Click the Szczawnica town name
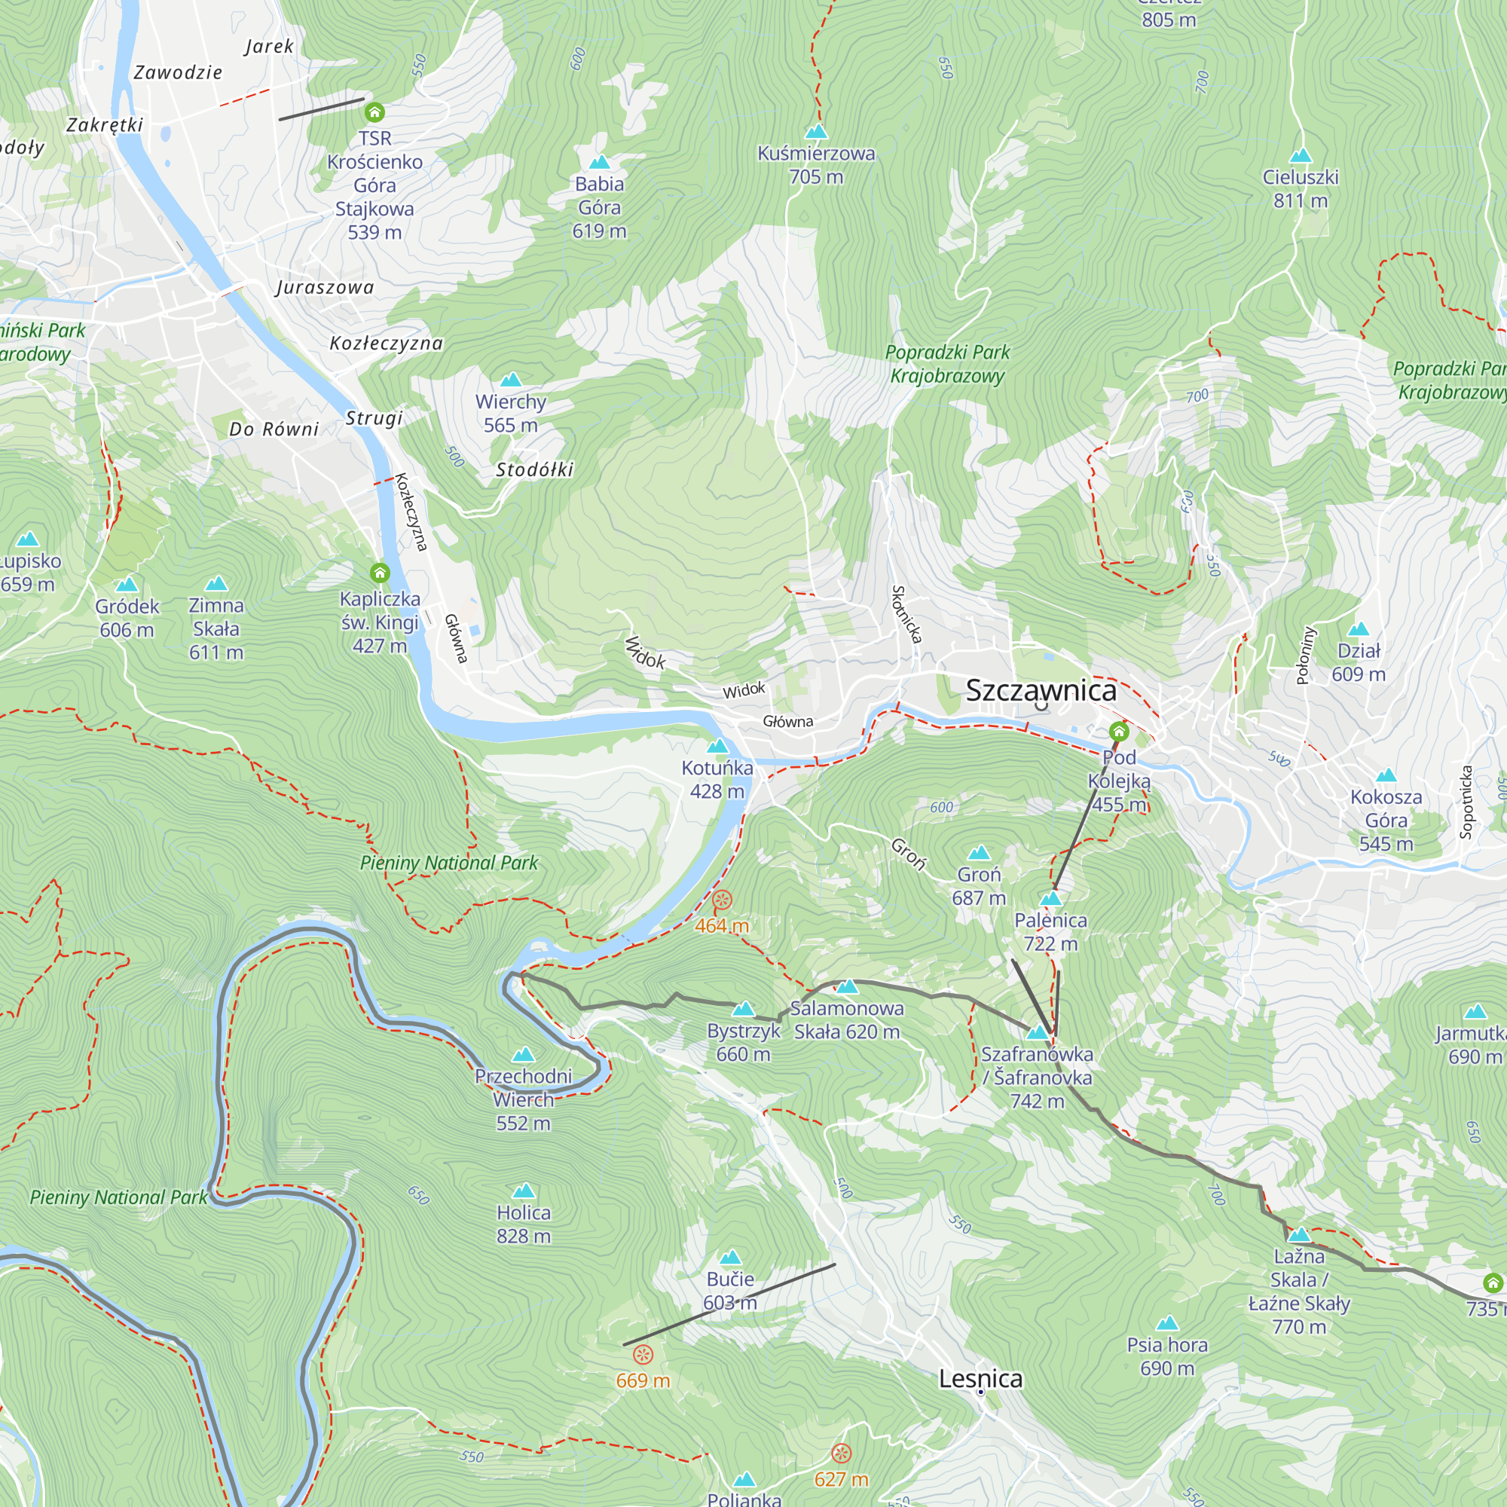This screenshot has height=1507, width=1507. (1041, 690)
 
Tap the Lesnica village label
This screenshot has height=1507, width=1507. (980, 1378)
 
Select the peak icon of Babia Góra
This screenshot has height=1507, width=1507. (599, 162)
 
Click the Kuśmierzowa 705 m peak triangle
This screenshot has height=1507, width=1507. (816, 131)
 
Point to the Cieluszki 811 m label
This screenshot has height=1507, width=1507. (1301, 189)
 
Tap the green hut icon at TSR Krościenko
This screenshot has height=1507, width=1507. (374, 113)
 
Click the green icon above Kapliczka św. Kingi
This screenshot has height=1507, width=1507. (380, 573)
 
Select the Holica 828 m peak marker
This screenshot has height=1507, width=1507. (524, 1191)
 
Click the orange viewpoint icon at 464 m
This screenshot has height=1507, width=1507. (723, 900)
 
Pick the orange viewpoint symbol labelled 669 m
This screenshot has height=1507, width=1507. (643, 1353)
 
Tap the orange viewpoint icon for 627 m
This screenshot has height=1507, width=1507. (841, 1453)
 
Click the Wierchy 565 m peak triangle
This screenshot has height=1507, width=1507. (511, 380)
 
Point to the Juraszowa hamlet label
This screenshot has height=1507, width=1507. (325, 288)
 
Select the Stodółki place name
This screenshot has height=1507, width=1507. (534, 469)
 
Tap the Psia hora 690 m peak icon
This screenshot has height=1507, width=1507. (1167, 1323)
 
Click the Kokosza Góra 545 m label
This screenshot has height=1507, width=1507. (1386, 820)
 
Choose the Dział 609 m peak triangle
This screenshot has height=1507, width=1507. (1358, 628)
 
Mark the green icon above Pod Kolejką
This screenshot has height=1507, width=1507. (1118, 731)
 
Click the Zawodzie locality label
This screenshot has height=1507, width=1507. (178, 73)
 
